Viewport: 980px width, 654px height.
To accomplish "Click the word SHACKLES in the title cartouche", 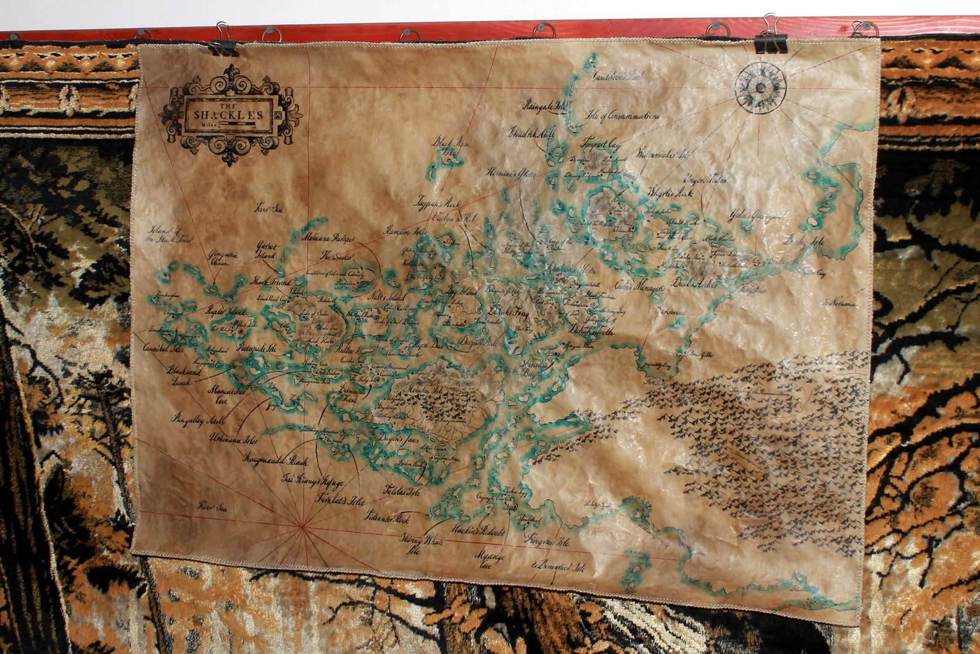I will tap(229, 115).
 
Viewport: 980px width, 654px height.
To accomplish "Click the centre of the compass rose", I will tap(760, 88).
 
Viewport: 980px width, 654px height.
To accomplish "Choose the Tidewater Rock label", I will tap(387, 518).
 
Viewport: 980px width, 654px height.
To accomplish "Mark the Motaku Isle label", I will tap(421, 389).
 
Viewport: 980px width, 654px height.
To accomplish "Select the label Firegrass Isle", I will tap(547, 541).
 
